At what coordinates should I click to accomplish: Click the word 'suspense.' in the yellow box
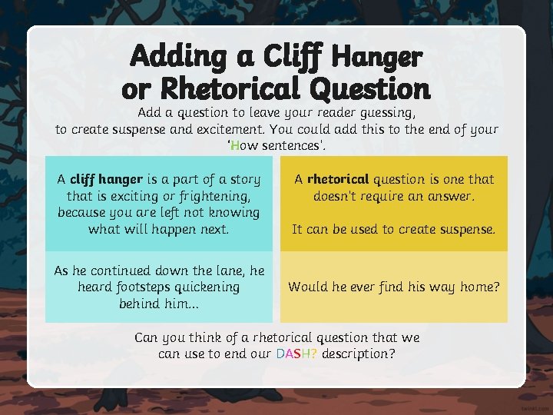(x=467, y=229)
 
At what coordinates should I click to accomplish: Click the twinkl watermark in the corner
(x=535, y=408)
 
